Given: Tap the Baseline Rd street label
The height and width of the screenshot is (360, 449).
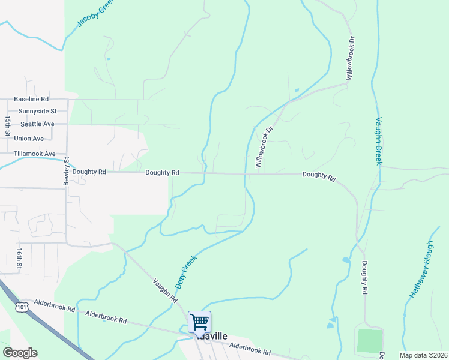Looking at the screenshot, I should coord(31,99).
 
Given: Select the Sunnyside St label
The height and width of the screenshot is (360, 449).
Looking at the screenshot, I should coord(37,111).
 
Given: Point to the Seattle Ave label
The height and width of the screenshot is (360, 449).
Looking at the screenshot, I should coord(37,124).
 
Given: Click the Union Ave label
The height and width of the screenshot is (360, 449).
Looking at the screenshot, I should coord(29,139).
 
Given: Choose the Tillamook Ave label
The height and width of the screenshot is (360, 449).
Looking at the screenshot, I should coord(34,154).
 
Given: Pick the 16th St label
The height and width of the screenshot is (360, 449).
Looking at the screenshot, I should coord(20,257).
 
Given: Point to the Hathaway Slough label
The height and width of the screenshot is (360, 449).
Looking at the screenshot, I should coord(421,270).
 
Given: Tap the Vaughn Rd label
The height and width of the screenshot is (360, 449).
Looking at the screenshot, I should coord(165,290).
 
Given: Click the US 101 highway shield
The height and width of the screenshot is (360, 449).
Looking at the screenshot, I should coord(22,306).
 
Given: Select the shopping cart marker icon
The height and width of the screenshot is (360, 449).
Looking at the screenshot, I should coord(199,321).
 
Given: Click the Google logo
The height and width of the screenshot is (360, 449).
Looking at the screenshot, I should coord(20,353).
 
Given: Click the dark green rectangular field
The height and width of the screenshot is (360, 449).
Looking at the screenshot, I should coord(369,340).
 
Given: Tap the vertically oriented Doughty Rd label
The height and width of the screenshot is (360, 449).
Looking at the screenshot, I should coord(364,277).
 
